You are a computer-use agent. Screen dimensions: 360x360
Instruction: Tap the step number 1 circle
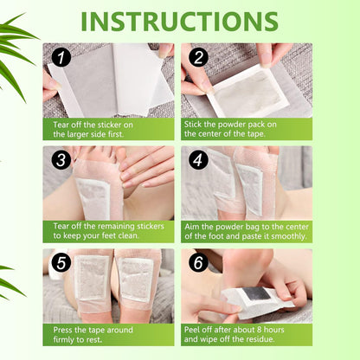point(61,58)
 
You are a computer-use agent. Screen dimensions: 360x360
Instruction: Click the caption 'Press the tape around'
point(93,335)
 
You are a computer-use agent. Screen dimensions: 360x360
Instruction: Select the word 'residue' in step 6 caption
point(288,341)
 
